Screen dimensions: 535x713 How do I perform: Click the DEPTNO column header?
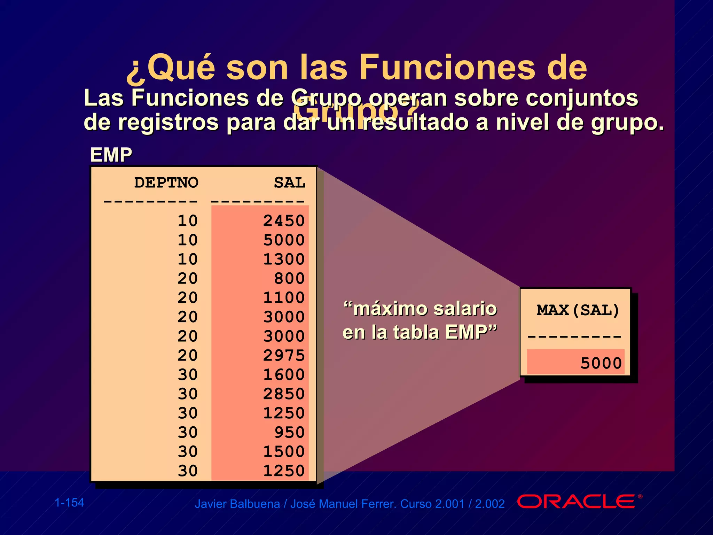(x=166, y=183)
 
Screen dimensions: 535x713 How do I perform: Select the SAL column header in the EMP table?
(x=289, y=183)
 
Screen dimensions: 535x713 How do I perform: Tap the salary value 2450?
(x=284, y=220)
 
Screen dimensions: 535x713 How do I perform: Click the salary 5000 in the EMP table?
(x=284, y=240)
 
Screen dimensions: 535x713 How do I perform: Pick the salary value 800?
(x=289, y=278)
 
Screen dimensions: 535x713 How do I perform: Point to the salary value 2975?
(x=284, y=355)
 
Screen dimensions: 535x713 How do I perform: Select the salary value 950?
(x=289, y=432)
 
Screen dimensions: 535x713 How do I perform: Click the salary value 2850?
(x=284, y=394)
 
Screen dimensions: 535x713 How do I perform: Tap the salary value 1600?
(x=284, y=374)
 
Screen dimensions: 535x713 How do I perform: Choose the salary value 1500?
(x=284, y=451)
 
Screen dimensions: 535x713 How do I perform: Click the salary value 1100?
(x=284, y=297)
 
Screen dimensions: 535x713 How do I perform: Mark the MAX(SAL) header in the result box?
(x=578, y=310)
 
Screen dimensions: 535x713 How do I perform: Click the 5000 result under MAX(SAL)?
(x=601, y=363)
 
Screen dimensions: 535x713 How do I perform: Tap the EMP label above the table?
(x=111, y=155)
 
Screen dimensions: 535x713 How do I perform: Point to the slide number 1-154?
(x=69, y=503)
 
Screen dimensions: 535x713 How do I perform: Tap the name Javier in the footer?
(x=210, y=504)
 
